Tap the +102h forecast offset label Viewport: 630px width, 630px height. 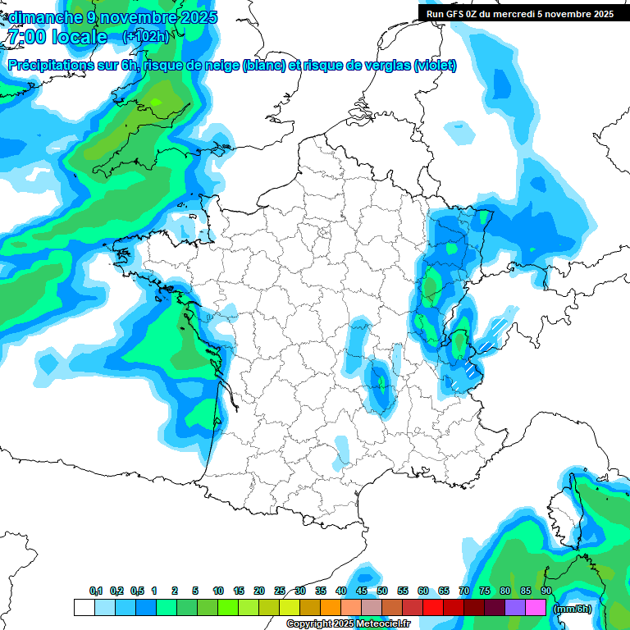(x=145, y=36)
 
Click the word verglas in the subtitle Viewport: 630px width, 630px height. (x=377, y=66)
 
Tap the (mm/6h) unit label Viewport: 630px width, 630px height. (x=573, y=608)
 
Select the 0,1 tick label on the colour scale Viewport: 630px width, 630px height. (x=95, y=591)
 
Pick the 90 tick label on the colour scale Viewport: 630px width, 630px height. (x=546, y=591)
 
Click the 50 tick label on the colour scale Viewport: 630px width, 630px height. (x=382, y=591)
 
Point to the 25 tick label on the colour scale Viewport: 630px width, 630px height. (x=280, y=591)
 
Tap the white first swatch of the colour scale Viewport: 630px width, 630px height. (x=84, y=608)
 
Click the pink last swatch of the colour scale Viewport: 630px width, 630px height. (x=536, y=608)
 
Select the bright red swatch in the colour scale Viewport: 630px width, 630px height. (x=433, y=608)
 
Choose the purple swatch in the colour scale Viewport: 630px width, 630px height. (x=515, y=608)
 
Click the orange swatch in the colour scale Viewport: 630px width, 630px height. (x=331, y=608)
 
